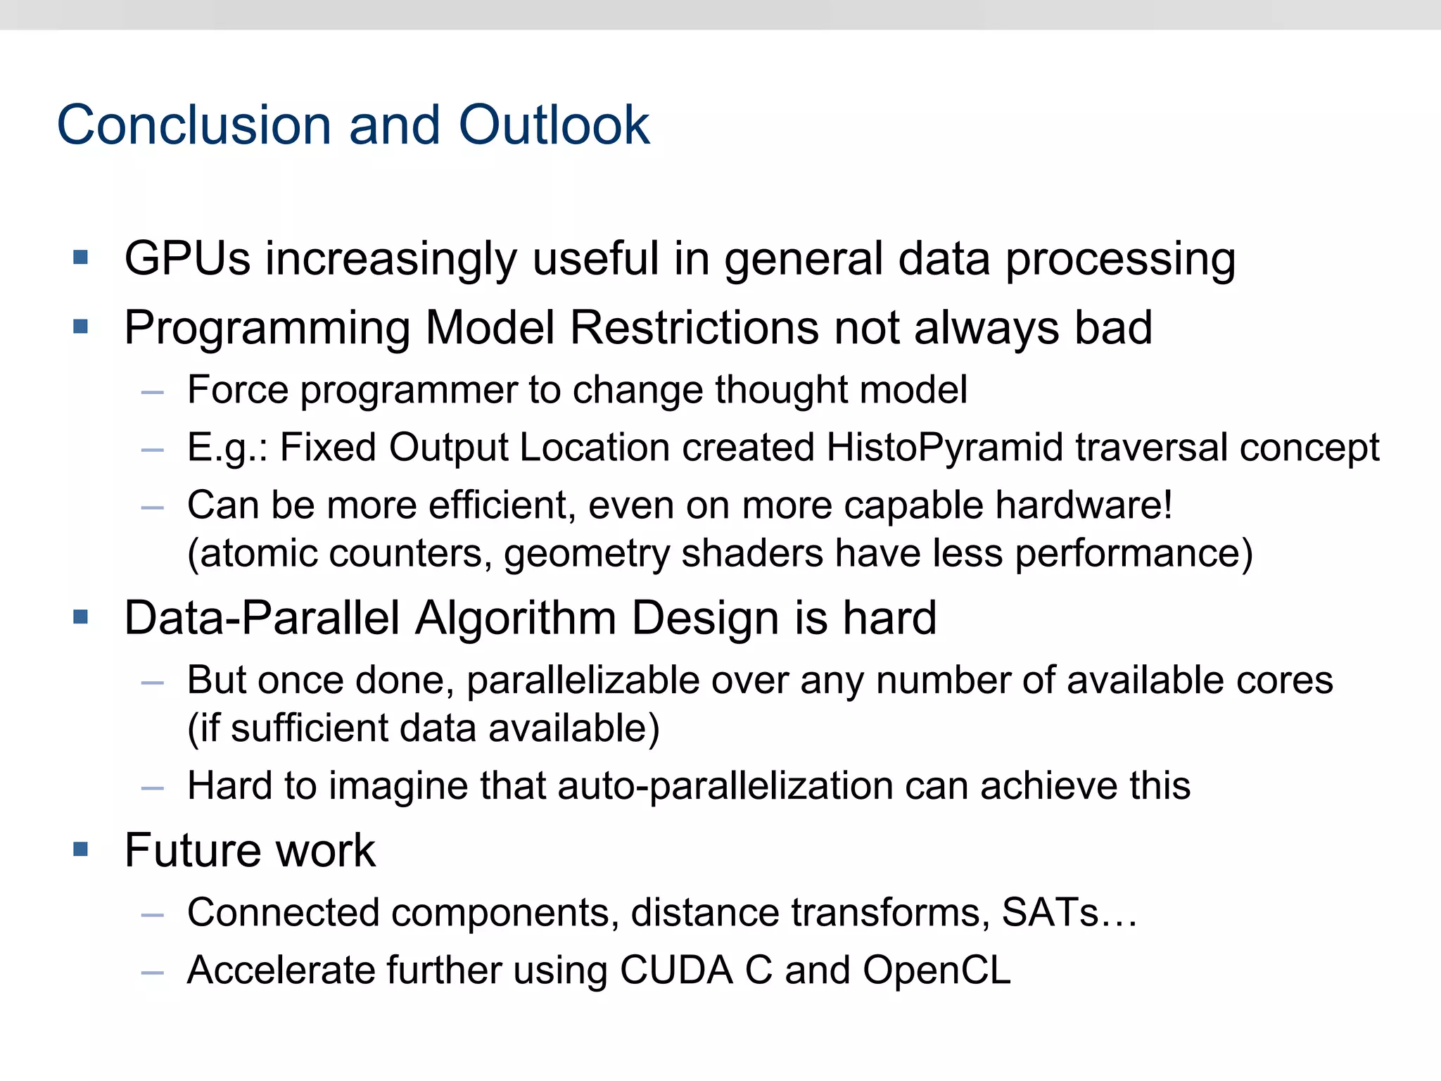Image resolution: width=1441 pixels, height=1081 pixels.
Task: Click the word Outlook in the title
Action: click(x=554, y=125)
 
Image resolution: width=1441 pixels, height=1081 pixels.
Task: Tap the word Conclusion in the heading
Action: click(x=194, y=125)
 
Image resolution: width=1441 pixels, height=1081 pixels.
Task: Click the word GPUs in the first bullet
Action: click(x=187, y=258)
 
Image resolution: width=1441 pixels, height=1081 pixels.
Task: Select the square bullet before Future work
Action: click(x=81, y=849)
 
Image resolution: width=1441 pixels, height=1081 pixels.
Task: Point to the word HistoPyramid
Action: click(x=944, y=447)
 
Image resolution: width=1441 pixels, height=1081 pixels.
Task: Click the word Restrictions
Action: click(x=694, y=327)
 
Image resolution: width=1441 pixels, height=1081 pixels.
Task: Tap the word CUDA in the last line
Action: click(x=676, y=970)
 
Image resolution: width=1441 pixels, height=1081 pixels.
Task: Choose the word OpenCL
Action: click(x=937, y=970)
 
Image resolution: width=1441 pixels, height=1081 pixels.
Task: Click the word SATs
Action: click(x=1050, y=912)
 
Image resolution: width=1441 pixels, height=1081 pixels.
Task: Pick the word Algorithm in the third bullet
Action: click(x=516, y=618)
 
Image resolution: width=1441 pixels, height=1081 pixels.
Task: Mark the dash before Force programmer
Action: click(x=152, y=392)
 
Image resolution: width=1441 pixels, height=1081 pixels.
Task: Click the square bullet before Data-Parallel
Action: click(x=81, y=617)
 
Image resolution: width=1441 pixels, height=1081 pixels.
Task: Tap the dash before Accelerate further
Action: click(x=152, y=973)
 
